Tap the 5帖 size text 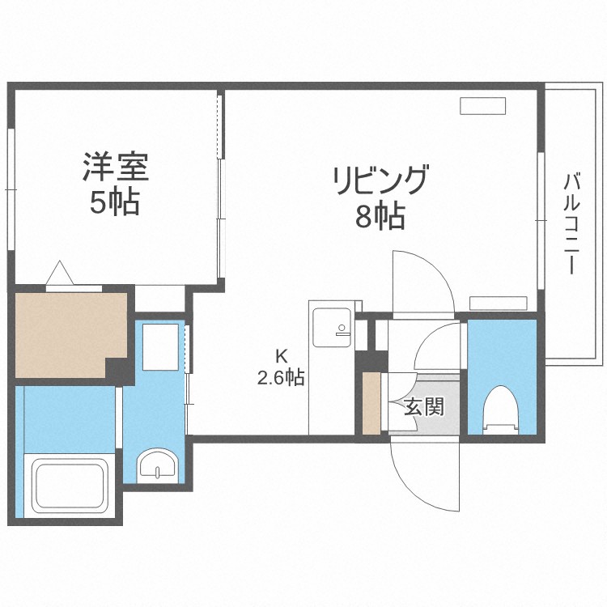114,202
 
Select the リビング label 380,180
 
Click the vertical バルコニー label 571,223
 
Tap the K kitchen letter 281,355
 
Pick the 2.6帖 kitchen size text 281,377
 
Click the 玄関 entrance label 424,406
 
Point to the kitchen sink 332,327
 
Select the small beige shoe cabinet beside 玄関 371,402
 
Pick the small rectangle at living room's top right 483,106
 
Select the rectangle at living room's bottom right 498,303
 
